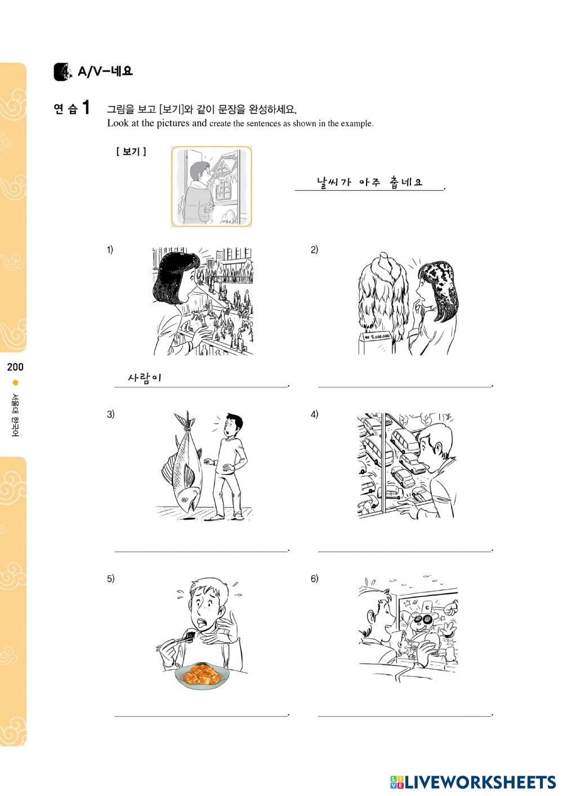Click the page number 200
[x=15, y=366]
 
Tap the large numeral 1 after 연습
[x=86, y=107]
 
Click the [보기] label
[x=131, y=152]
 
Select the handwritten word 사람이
[x=145, y=377]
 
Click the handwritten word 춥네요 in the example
[x=406, y=182]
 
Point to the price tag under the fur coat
[x=377, y=336]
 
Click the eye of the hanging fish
[x=184, y=500]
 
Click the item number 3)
[x=110, y=414]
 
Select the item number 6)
[x=315, y=579]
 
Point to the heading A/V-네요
[x=105, y=71]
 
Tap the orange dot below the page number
[x=15, y=383]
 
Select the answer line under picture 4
[x=405, y=551]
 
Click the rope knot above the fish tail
[x=187, y=418]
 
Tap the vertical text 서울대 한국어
[x=15, y=415]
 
